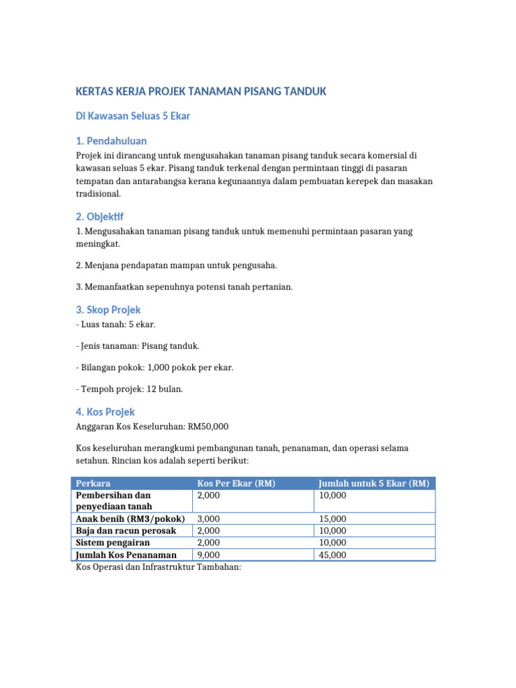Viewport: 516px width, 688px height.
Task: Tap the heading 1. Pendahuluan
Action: (111, 141)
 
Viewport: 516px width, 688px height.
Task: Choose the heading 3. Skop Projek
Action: (107, 310)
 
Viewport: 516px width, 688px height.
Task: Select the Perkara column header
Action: (93, 484)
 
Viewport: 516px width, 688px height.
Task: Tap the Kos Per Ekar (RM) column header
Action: (236, 484)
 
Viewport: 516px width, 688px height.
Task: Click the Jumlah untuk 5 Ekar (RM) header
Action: (374, 484)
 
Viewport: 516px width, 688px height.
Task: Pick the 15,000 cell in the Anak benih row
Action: (333, 519)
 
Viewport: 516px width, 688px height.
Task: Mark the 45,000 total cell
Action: (333, 555)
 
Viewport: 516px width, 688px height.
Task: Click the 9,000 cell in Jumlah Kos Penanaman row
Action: (208, 555)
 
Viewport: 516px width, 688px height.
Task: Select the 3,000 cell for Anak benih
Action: (208, 519)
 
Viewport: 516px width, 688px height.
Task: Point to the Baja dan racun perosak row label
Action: (126, 531)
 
